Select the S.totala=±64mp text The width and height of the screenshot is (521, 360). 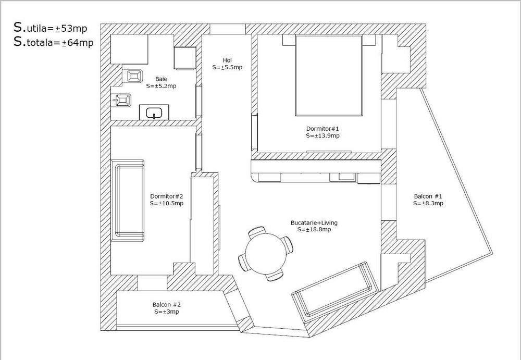(x=54, y=43)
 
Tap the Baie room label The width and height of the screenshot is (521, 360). (x=161, y=79)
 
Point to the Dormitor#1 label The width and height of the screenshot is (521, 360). (x=322, y=128)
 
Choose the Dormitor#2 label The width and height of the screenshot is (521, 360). (x=166, y=196)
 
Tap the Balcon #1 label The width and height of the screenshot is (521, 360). (x=428, y=197)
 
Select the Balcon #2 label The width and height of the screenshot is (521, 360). (x=167, y=305)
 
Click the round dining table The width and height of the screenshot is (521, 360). (x=265, y=253)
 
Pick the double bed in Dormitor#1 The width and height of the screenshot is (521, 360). (x=329, y=76)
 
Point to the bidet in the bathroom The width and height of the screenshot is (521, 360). (x=123, y=100)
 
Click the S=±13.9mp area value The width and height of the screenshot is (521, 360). (x=322, y=135)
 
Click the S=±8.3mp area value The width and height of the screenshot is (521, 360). (x=428, y=204)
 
